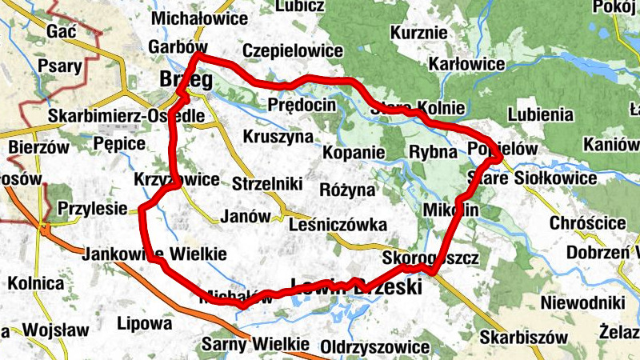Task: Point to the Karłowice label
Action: [466, 63]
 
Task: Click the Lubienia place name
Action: [540, 114]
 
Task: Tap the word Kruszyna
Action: [278, 136]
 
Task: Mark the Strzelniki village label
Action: [267, 185]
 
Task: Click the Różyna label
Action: [346, 190]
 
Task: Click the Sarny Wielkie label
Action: [255, 344]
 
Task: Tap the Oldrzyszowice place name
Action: [374, 347]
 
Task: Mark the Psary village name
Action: [62, 66]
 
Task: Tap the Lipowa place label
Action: [144, 324]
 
